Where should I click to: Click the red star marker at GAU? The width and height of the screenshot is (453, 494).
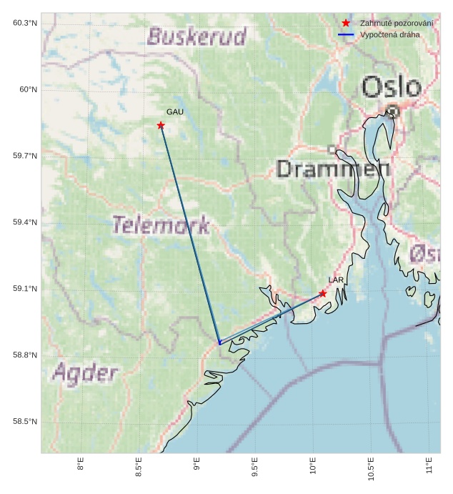[x=161, y=126]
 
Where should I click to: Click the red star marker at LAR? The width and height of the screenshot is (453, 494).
[x=323, y=294]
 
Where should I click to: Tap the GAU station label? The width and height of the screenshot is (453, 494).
[x=175, y=112]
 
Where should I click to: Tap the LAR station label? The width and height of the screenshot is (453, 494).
[x=336, y=280]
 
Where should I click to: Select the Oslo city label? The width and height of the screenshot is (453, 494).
[x=391, y=88]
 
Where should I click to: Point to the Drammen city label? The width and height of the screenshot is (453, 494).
[x=333, y=169]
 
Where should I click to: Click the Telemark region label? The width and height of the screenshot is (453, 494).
[x=161, y=225]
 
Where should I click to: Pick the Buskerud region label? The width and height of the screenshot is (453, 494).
[x=196, y=36]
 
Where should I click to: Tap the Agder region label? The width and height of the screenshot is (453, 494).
[x=85, y=372]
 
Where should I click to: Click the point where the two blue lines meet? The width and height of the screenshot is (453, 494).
[x=219, y=344]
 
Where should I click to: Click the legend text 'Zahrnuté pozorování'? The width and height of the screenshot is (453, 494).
[x=397, y=24]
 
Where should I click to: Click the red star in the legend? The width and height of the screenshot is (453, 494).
[x=346, y=24]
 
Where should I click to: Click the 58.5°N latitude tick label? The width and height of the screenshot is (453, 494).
[x=25, y=422]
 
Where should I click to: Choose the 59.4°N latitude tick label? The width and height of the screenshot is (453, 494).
[x=25, y=222]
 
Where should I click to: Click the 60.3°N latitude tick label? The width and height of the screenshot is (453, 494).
[x=25, y=23]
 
